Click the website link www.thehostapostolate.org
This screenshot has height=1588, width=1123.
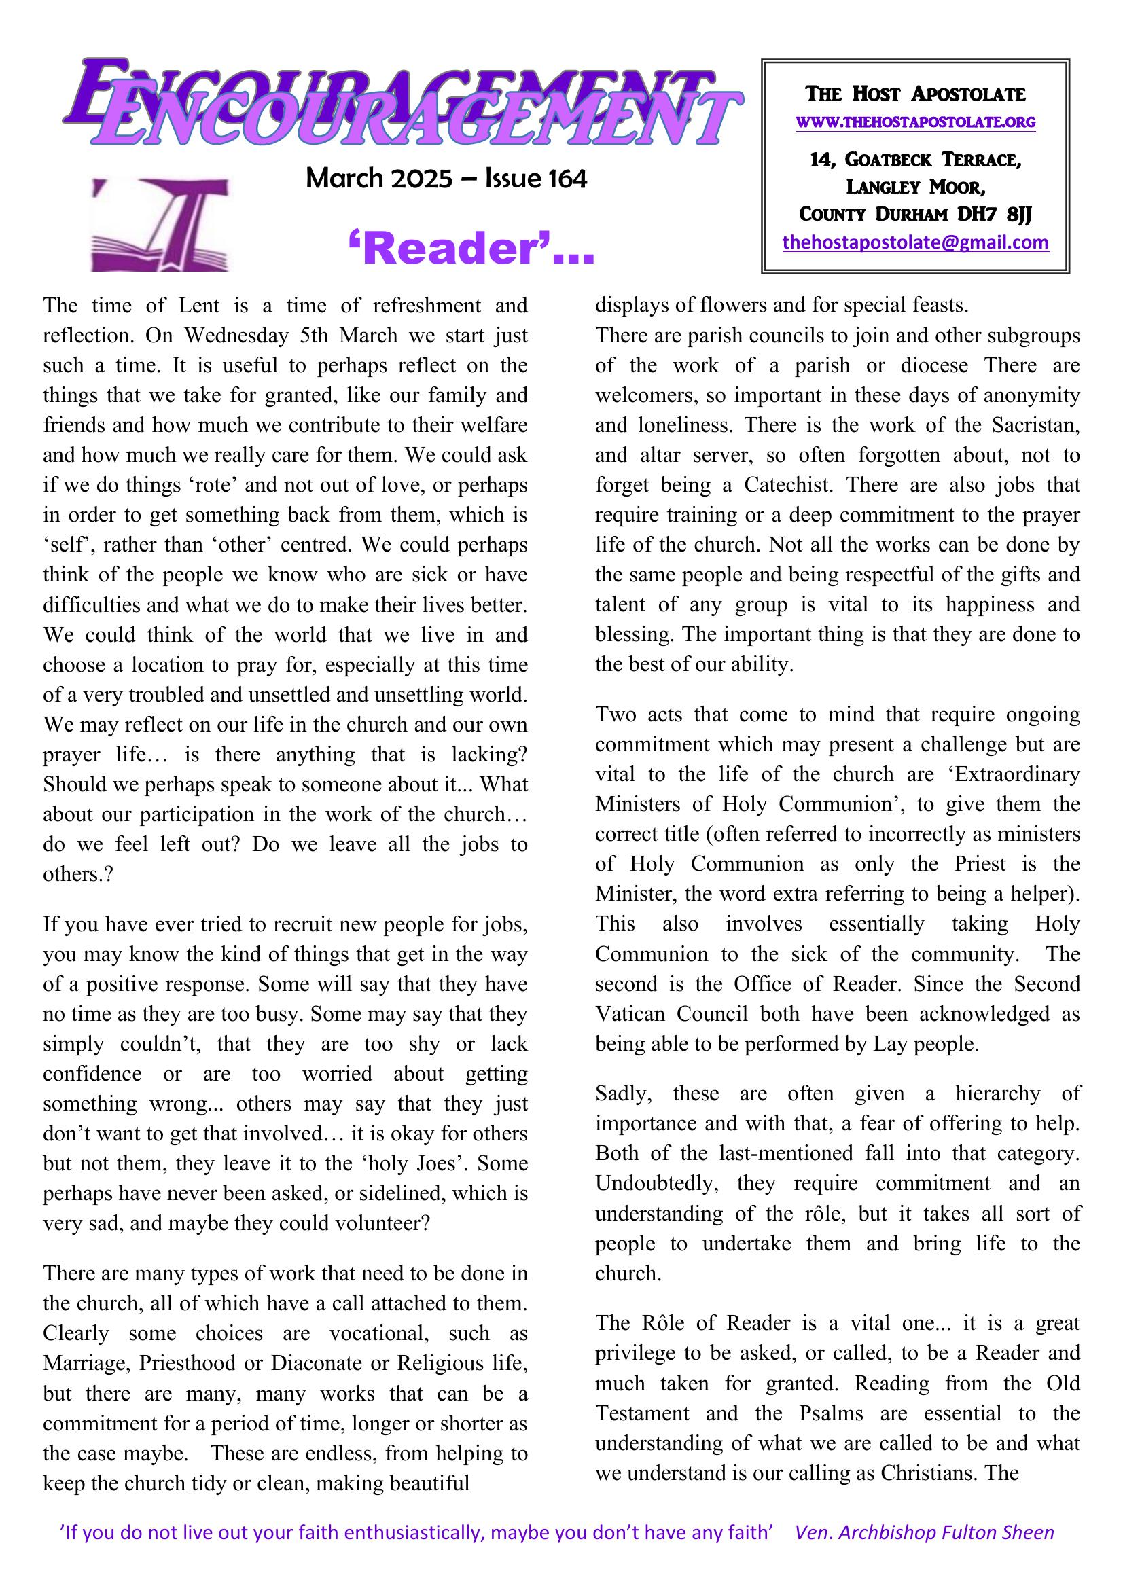coord(915,123)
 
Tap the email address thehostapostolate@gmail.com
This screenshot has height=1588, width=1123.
coord(914,242)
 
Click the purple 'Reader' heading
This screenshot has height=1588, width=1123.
coord(471,250)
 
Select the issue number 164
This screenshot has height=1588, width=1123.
coord(567,179)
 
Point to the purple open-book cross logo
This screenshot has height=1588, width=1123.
coord(160,223)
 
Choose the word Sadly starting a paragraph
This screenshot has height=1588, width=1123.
coord(623,1094)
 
